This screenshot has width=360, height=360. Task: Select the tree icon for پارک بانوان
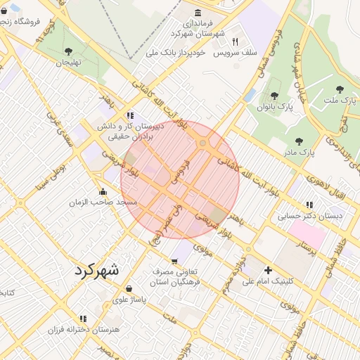274,96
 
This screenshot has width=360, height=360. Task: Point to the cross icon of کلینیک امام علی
267,270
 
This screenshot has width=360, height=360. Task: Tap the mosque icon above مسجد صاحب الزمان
104,191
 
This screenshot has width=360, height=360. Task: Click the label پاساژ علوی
129,300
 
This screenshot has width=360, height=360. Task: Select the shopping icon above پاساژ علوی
129,288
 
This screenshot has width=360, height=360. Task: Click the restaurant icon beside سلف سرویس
235,41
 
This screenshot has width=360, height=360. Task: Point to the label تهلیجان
70,63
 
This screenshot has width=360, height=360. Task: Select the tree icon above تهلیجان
68,51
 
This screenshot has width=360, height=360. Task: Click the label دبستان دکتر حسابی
310,216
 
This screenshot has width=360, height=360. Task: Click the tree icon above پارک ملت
340,89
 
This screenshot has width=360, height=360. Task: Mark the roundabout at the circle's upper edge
202,144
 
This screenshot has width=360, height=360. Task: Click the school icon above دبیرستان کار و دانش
129,115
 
